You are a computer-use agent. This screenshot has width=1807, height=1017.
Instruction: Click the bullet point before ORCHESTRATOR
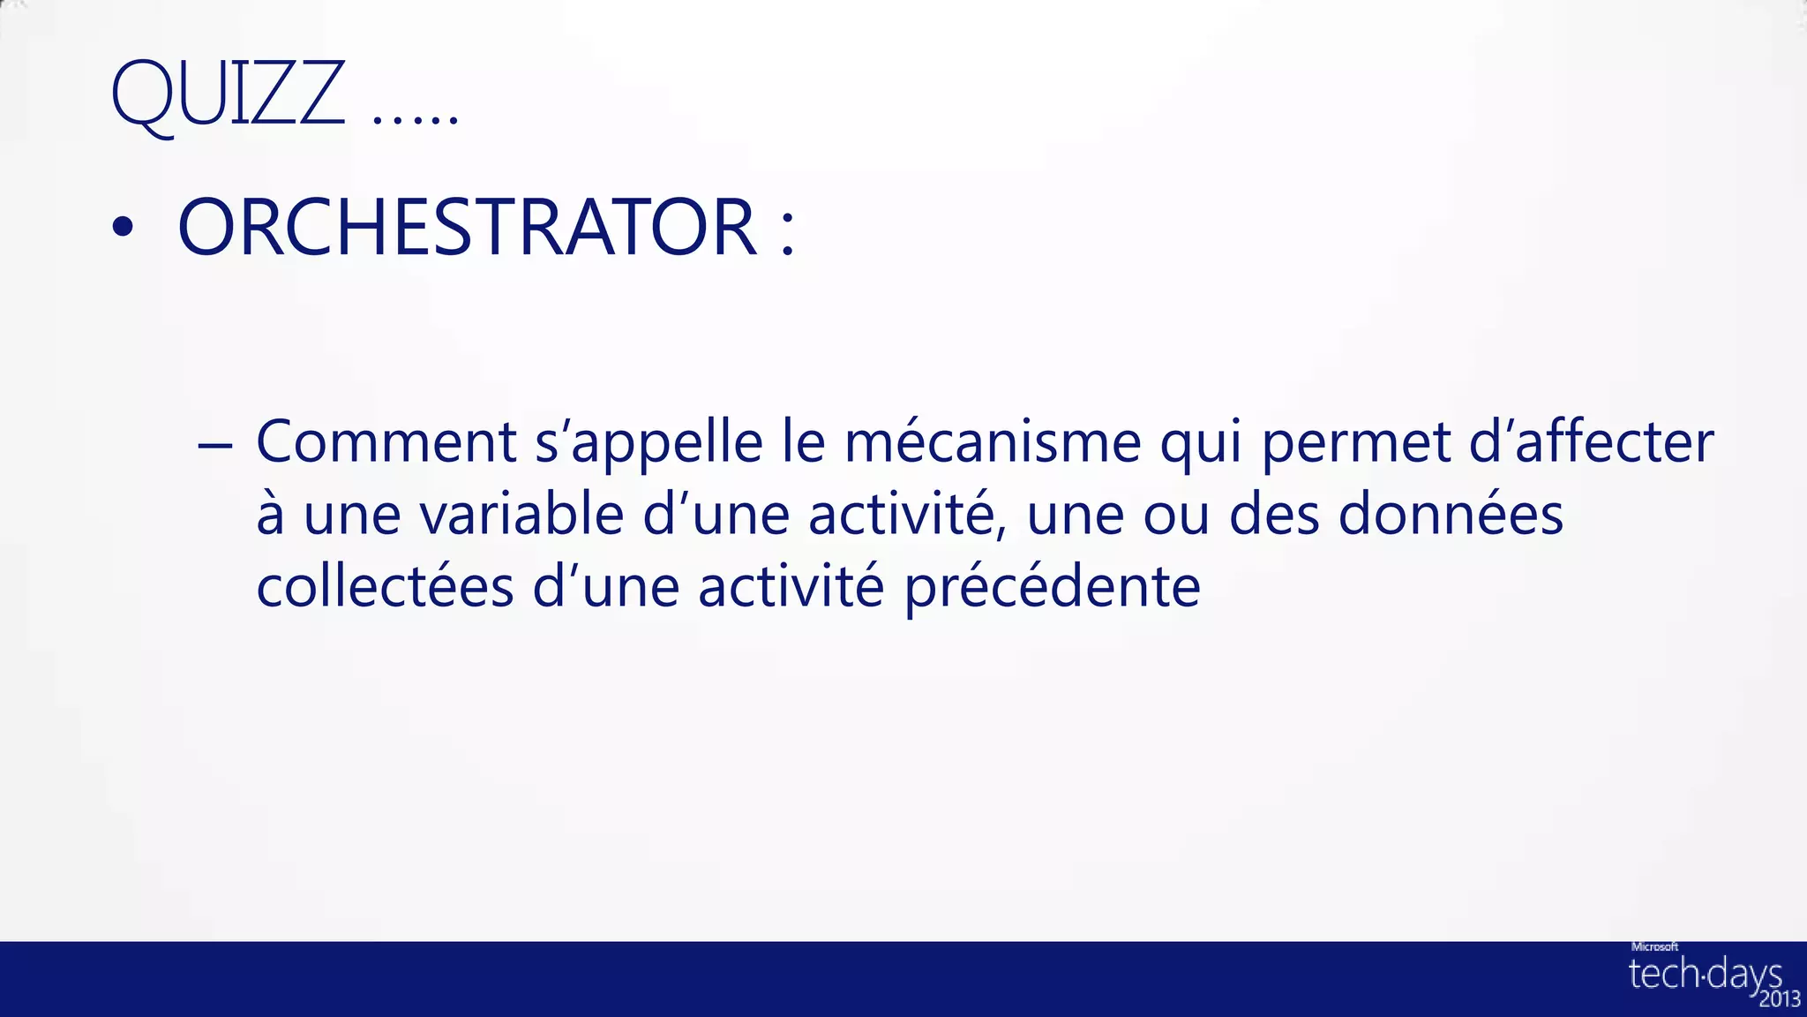click(124, 228)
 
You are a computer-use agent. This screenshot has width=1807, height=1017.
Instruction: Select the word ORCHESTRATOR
click(467, 227)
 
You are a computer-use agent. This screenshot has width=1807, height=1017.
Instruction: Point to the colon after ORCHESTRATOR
click(788, 231)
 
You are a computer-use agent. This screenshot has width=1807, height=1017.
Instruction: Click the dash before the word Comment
click(215, 445)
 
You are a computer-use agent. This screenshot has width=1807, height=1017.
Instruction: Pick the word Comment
click(386, 441)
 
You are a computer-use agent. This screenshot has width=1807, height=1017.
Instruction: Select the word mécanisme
click(993, 441)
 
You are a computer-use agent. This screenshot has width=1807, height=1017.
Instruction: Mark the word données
click(1451, 515)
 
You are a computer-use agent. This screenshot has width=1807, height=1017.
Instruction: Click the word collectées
click(385, 587)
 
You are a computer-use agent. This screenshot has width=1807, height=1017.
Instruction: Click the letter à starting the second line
click(270, 515)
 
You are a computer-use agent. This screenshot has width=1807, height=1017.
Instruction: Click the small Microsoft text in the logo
click(1654, 946)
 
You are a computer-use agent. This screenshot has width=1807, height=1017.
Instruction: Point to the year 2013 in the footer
click(1779, 999)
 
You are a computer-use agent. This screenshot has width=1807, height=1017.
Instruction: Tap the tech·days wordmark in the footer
click(1704, 974)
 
